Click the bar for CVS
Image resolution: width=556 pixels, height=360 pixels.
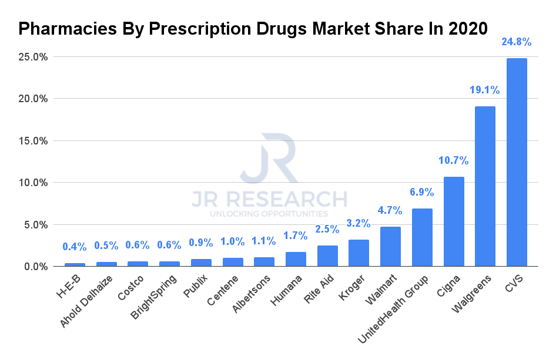click(x=517, y=162)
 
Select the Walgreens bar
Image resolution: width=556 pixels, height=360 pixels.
click(x=485, y=186)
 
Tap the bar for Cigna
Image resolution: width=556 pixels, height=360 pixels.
click(x=453, y=221)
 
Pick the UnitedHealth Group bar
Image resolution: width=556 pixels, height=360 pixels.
click(x=422, y=237)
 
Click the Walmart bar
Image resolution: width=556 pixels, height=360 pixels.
click(x=390, y=247)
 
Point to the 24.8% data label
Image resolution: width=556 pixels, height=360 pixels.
click(x=517, y=42)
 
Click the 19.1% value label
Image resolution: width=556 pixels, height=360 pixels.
click(x=485, y=90)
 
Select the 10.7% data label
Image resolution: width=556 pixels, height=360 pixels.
click(x=453, y=160)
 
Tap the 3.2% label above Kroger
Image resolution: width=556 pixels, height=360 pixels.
click(x=359, y=223)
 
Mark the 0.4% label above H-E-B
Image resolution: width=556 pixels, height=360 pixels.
click(x=75, y=247)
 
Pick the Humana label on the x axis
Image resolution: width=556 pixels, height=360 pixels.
click(x=289, y=289)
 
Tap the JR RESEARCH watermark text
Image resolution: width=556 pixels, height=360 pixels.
click(x=269, y=199)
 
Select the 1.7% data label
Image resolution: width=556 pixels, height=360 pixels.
click(x=296, y=235)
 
